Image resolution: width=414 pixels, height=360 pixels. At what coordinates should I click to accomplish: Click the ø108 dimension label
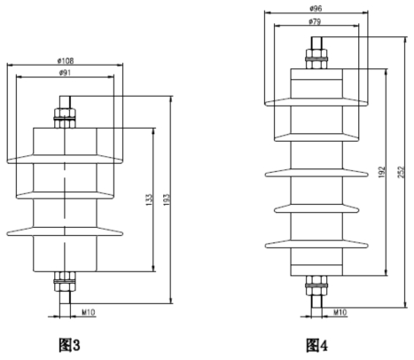66,61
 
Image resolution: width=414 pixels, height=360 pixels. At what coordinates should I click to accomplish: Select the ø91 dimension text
65,73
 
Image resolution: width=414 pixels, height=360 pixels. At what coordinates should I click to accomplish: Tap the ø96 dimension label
316,9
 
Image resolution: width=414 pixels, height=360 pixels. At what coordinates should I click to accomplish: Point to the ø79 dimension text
315,21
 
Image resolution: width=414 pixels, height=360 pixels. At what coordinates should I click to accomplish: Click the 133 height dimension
150,200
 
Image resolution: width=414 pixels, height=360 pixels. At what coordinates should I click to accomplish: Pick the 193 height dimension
167,200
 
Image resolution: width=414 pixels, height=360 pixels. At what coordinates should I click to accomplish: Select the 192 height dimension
382,172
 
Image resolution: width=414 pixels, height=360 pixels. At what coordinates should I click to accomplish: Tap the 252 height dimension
402,172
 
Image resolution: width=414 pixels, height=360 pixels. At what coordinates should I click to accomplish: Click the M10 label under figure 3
89,312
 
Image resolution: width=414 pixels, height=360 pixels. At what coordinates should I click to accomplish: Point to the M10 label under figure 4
340,312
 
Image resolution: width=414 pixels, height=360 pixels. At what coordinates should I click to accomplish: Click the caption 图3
69,345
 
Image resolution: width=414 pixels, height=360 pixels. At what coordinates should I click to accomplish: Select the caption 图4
316,345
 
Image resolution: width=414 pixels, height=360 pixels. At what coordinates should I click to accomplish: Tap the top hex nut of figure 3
65,118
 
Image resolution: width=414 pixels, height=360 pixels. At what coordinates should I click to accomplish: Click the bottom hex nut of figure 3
65,281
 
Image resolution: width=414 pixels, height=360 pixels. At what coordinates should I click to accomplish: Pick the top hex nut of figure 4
316,59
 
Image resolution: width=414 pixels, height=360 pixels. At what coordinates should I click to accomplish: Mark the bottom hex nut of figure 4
316,286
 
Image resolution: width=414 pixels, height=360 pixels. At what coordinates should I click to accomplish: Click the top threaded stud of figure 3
65,102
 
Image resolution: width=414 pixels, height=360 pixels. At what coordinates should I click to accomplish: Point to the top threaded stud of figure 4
316,43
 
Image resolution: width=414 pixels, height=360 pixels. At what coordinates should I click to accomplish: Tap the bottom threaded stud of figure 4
316,301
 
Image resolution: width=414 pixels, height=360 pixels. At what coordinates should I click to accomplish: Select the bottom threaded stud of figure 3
65,297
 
